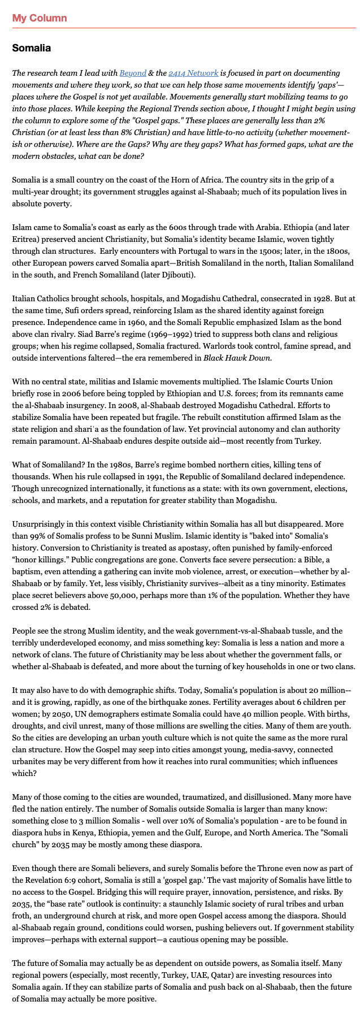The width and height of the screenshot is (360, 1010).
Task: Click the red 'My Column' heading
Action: tap(40, 18)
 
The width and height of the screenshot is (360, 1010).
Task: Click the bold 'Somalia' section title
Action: tap(32, 48)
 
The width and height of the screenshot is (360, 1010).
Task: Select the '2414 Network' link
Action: tap(193, 73)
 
